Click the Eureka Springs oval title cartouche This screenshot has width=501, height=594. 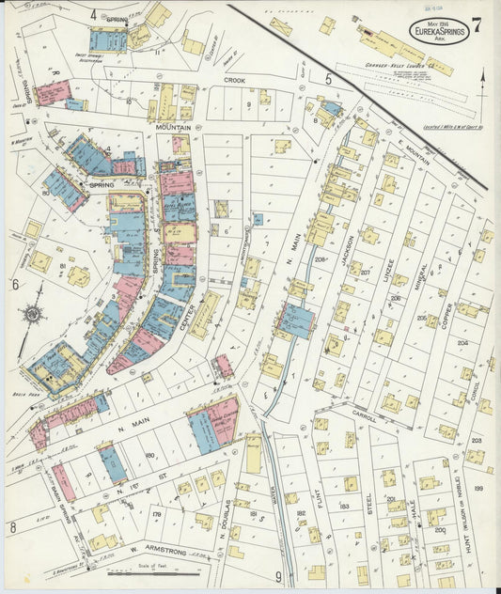434,28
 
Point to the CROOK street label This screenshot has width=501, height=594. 234,81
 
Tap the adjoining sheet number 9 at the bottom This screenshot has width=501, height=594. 278,576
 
